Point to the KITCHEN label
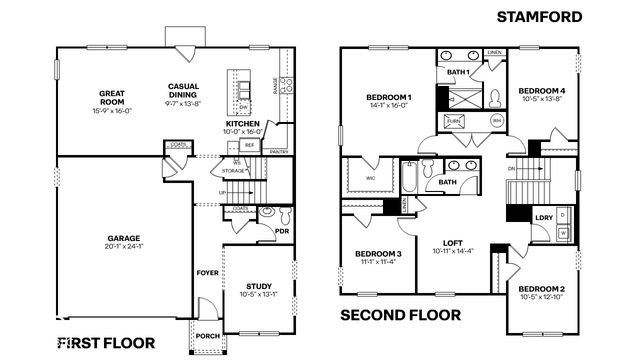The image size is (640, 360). (x=242, y=124)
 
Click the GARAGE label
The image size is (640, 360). (x=124, y=239)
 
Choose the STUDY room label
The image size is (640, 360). (x=256, y=285)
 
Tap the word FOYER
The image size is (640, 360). (x=207, y=272)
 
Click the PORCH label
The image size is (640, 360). (x=207, y=335)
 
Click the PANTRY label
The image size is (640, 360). (x=278, y=152)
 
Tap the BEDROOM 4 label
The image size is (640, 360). (x=541, y=91)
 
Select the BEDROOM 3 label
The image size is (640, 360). (x=377, y=254)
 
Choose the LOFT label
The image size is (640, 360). (x=452, y=243)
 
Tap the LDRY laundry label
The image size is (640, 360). (x=544, y=217)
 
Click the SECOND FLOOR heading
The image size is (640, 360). (x=403, y=316)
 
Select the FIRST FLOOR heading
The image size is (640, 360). (x=105, y=342)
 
